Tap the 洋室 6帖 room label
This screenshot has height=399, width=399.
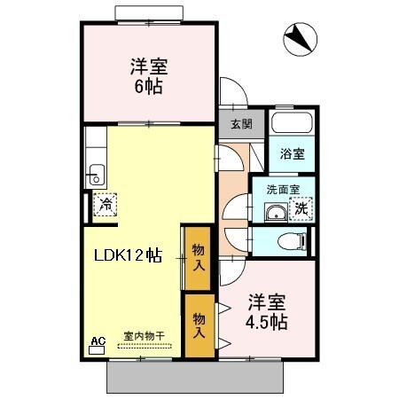coord(150,75)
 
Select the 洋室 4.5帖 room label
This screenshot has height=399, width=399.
coord(265,310)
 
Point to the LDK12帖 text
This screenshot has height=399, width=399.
coord(129,255)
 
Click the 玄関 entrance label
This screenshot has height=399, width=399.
coord(242,125)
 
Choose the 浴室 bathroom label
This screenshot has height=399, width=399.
coord(292,153)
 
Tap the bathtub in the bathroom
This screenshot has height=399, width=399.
coord(292,124)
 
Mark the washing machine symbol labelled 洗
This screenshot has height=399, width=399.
coord(301,209)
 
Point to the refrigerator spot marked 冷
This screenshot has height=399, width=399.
coord(106,205)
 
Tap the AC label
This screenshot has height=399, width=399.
coord(98,340)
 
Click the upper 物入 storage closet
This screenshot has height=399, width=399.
coord(199,257)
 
